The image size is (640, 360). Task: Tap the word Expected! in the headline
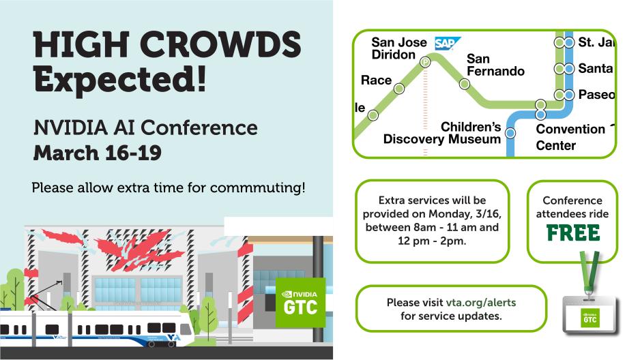tap(120, 80)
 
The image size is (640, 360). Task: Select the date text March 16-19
tap(98, 153)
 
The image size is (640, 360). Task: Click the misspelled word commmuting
tap(264, 187)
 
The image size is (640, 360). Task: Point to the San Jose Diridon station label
tap(398, 48)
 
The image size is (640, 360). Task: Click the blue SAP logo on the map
tap(448, 44)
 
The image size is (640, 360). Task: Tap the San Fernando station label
tap(495, 65)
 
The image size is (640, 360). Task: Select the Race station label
tap(376, 80)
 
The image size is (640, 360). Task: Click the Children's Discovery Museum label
tap(443, 133)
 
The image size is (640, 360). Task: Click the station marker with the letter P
tap(425, 62)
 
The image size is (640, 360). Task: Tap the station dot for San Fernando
tap(465, 85)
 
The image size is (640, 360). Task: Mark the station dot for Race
tap(399, 88)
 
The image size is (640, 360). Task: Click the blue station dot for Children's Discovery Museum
tap(510, 133)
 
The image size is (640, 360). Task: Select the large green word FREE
tap(572, 233)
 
